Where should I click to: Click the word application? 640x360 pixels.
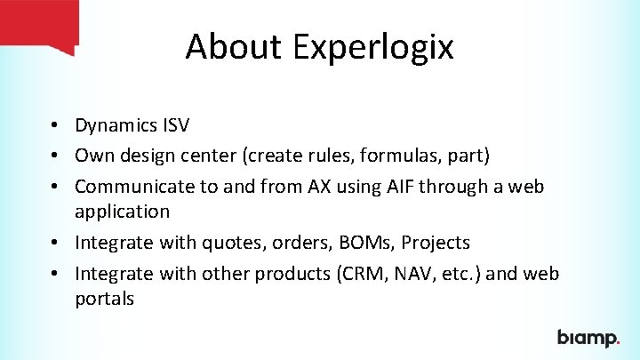click(x=122, y=212)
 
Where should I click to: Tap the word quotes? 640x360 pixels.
click(x=212, y=243)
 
